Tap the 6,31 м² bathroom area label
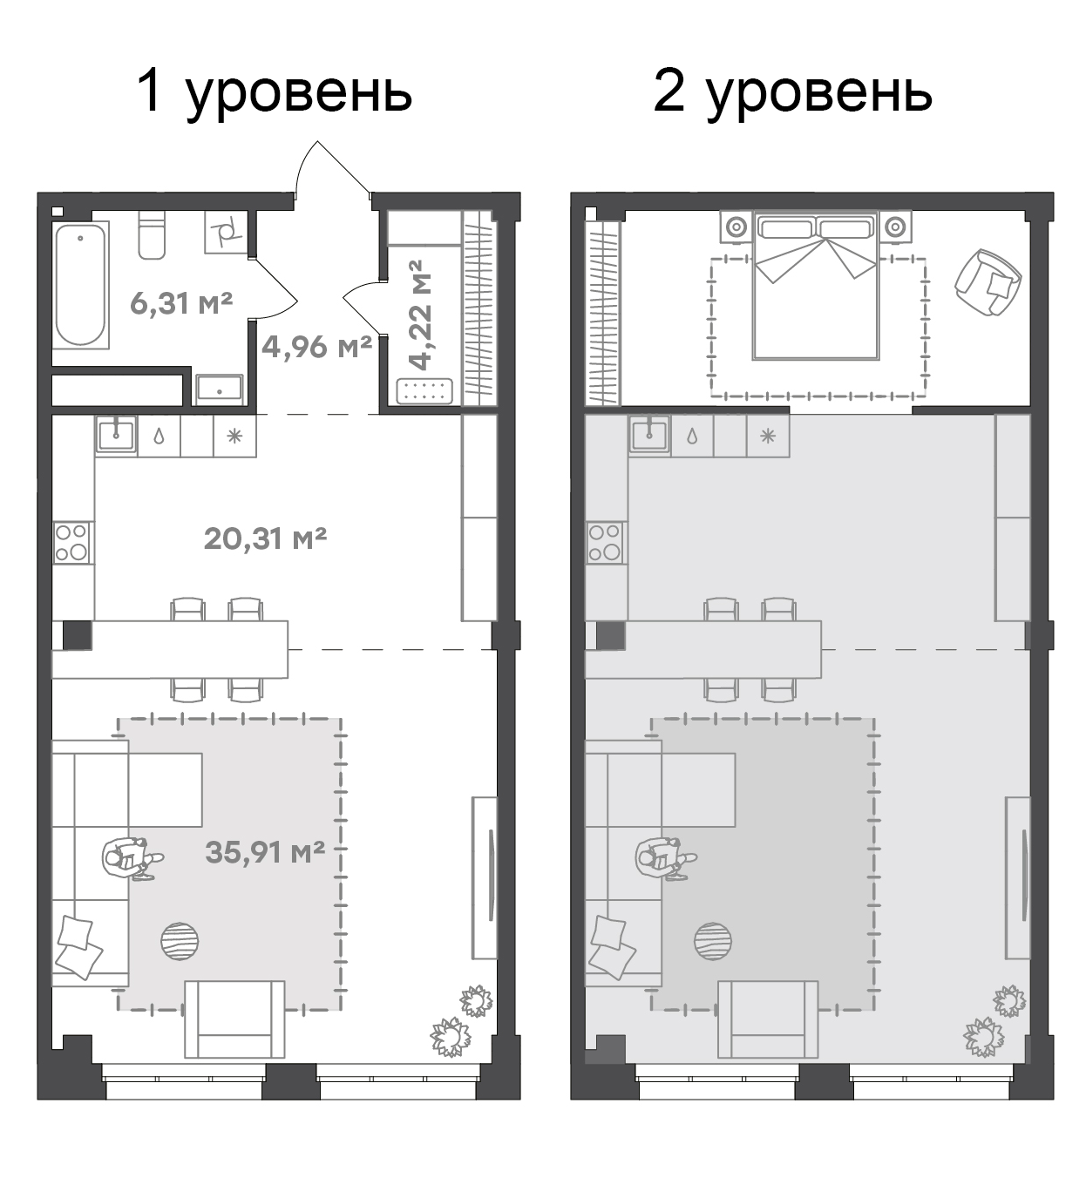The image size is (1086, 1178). click(x=181, y=303)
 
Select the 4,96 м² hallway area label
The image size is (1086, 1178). click(x=316, y=347)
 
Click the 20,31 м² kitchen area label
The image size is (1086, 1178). click(x=265, y=538)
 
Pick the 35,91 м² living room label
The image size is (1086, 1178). click(x=265, y=852)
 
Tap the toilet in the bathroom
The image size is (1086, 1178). click(x=152, y=235)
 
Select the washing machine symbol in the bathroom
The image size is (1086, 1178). click(x=226, y=233)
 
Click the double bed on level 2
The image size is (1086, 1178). click(x=817, y=286)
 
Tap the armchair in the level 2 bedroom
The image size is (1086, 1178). click(x=988, y=282)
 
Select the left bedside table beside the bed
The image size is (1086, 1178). click(x=736, y=227)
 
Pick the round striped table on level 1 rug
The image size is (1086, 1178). click(x=180, y=942)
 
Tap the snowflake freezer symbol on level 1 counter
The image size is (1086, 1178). click(x=234, y=437)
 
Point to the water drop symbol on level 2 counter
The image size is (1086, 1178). click(x=692, y=437)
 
